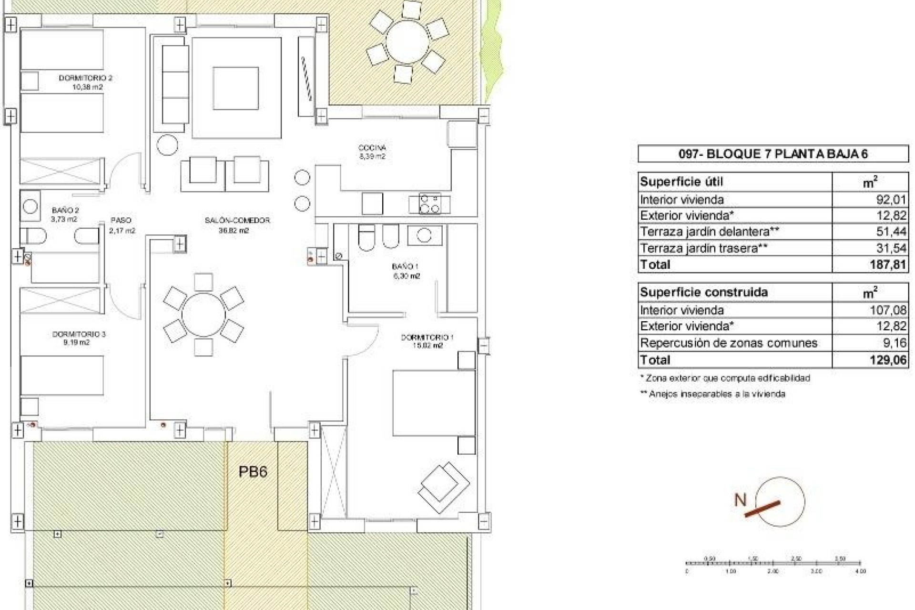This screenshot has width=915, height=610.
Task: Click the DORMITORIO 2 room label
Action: coord(85,78)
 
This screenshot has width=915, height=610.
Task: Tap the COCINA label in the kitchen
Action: coord(372,148)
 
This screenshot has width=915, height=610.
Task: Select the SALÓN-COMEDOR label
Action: coord(237,220)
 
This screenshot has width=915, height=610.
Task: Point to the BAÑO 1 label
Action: coord(405,266)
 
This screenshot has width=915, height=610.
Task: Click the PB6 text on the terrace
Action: coord(253,472)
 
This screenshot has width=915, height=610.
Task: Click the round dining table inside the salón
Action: coord(203,315)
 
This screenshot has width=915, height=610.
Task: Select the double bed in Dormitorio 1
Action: coord(433,403)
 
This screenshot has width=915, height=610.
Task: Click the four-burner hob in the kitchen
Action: coord(429,204)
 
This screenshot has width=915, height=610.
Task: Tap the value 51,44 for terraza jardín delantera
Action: coord(892,232)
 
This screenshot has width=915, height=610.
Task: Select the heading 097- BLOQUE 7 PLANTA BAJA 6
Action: coord(773,154)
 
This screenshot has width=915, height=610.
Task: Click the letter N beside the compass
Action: coord(740,500)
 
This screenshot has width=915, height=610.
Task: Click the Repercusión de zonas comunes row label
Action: coord(729,343)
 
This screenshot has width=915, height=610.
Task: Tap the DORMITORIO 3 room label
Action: coord(79,334)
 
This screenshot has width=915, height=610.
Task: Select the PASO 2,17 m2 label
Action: coord(121,225)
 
